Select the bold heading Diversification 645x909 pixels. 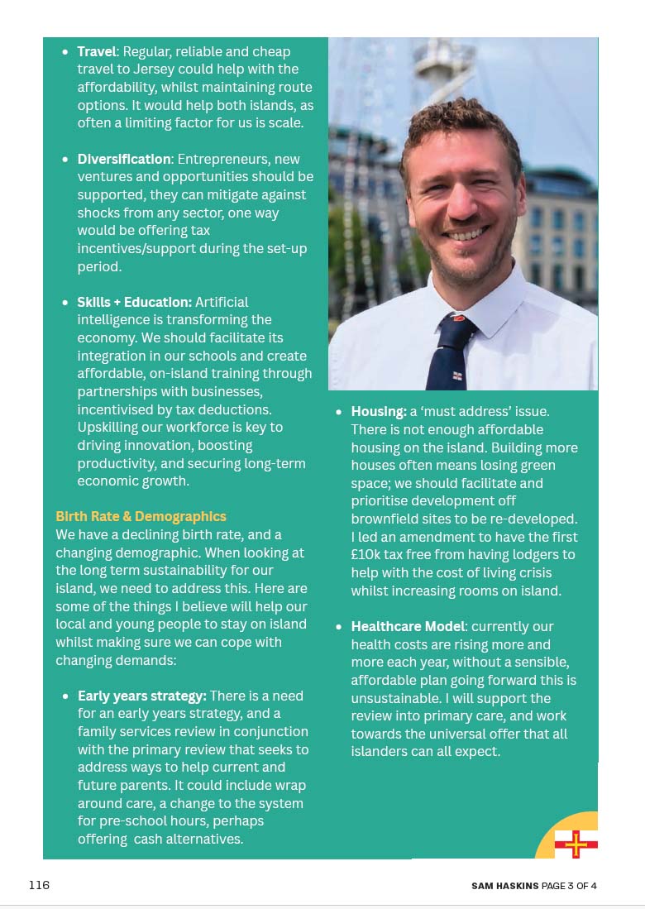tap(123, 159)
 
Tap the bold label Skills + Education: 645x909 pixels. tap(134, 302)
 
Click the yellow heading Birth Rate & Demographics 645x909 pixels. tap(141, 517)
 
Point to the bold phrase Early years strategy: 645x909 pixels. tap(141, 696)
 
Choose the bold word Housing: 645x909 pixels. tap(378, 411)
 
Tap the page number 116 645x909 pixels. tap(39, 885)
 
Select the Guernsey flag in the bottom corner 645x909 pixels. tap(576, 844)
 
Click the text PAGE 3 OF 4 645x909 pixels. tap(569, 886)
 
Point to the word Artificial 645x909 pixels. tap(221, 302)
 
